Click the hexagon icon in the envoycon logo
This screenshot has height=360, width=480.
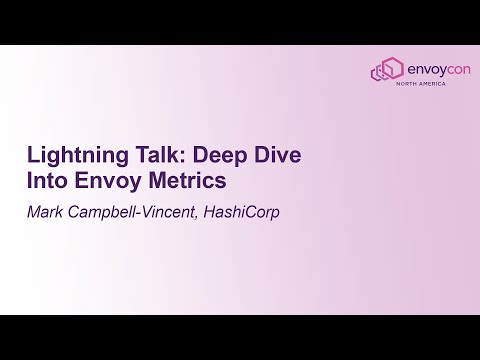(x=385, y=70)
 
